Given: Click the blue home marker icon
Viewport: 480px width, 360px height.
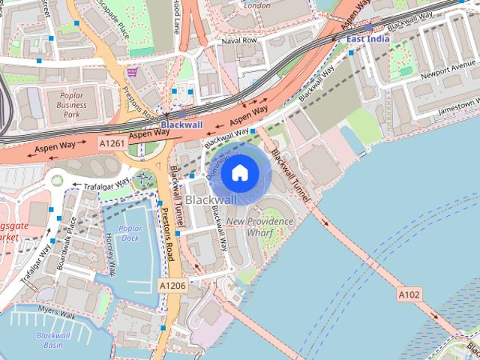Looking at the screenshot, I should click(x=238, y=172).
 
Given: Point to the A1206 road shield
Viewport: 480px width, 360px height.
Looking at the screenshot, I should click(x=172, y=286).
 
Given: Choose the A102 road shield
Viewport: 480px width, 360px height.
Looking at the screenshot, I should click(x=409, y=295).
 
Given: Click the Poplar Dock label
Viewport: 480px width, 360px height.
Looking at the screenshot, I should click(x=130, y=232).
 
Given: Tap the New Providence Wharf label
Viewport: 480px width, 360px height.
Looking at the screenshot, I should click(x=259, y=227).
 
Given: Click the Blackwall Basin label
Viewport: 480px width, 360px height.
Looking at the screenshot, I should click(x=52, y=340).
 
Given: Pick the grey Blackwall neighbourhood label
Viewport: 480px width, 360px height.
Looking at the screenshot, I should click(x=210, y=199).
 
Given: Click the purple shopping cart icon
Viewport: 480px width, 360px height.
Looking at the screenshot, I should click(x=133, y=72).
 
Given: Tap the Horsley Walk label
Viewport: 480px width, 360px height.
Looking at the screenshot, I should click(x=111, y=252).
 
